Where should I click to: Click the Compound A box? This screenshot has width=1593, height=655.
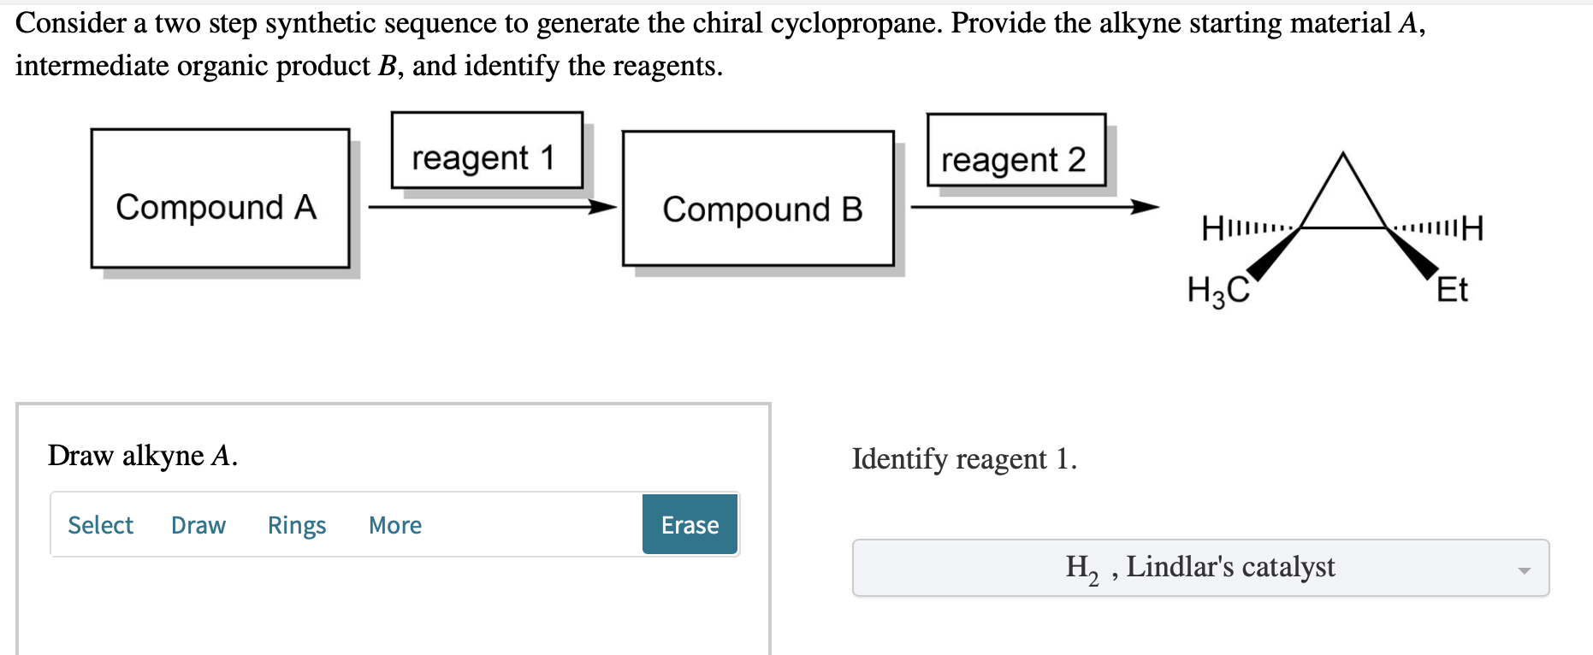(220, 198)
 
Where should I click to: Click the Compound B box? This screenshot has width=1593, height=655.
(758, 198)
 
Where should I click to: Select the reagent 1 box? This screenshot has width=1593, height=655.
(487, 150)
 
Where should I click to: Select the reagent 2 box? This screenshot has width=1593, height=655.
(1016, 151)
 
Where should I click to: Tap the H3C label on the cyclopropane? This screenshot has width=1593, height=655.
(1217, 291)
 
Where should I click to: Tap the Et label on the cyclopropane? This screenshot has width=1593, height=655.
(1451, 290)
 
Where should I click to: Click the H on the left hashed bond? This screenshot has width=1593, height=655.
(1212, 229)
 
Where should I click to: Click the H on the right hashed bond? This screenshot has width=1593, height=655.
(1472, 228)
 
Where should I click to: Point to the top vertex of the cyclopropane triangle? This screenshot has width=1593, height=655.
(1343, 155)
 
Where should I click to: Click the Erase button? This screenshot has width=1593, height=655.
(690, 524)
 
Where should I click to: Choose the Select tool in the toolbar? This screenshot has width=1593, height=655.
(100, 525)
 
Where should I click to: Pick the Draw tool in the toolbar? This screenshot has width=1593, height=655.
(198, 525)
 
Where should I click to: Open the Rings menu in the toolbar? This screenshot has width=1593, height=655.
(296, 525)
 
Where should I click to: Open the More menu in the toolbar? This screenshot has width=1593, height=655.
(394, 525)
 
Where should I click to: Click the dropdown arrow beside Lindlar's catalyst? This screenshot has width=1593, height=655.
(1523, 569)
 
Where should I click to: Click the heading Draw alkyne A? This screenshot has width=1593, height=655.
(142, 456)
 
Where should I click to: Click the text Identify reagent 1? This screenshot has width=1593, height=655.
(964, 459)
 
